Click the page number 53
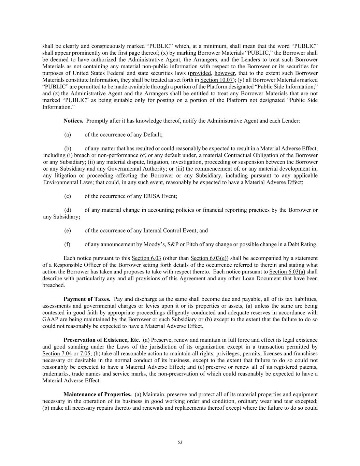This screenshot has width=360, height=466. [180, 442]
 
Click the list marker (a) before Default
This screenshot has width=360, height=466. [68, 135]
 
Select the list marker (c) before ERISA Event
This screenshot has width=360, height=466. [68, 196]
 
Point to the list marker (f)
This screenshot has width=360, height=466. [67, 244]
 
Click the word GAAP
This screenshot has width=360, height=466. [49, 319]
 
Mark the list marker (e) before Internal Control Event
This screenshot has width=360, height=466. [68, 230]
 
